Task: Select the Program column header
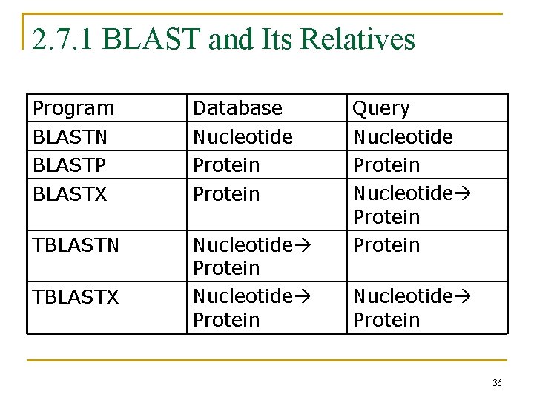[73, 108]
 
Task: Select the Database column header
[237, 108]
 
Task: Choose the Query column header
[381, 108]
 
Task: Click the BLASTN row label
[70, 137]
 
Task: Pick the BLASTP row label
[69, 165]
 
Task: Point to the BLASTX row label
[70, 194]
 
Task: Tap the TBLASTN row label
[76, 245]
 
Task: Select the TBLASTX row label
[76, 297]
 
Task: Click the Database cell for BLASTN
[243, 137]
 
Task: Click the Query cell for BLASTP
[386, 165]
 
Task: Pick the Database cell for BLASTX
[226, 194]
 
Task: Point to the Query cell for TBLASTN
[386, 245]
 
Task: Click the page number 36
[497, 383]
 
